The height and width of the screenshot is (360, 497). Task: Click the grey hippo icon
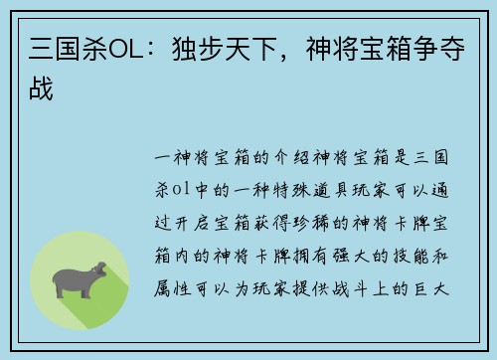click(x=80, y=279)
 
